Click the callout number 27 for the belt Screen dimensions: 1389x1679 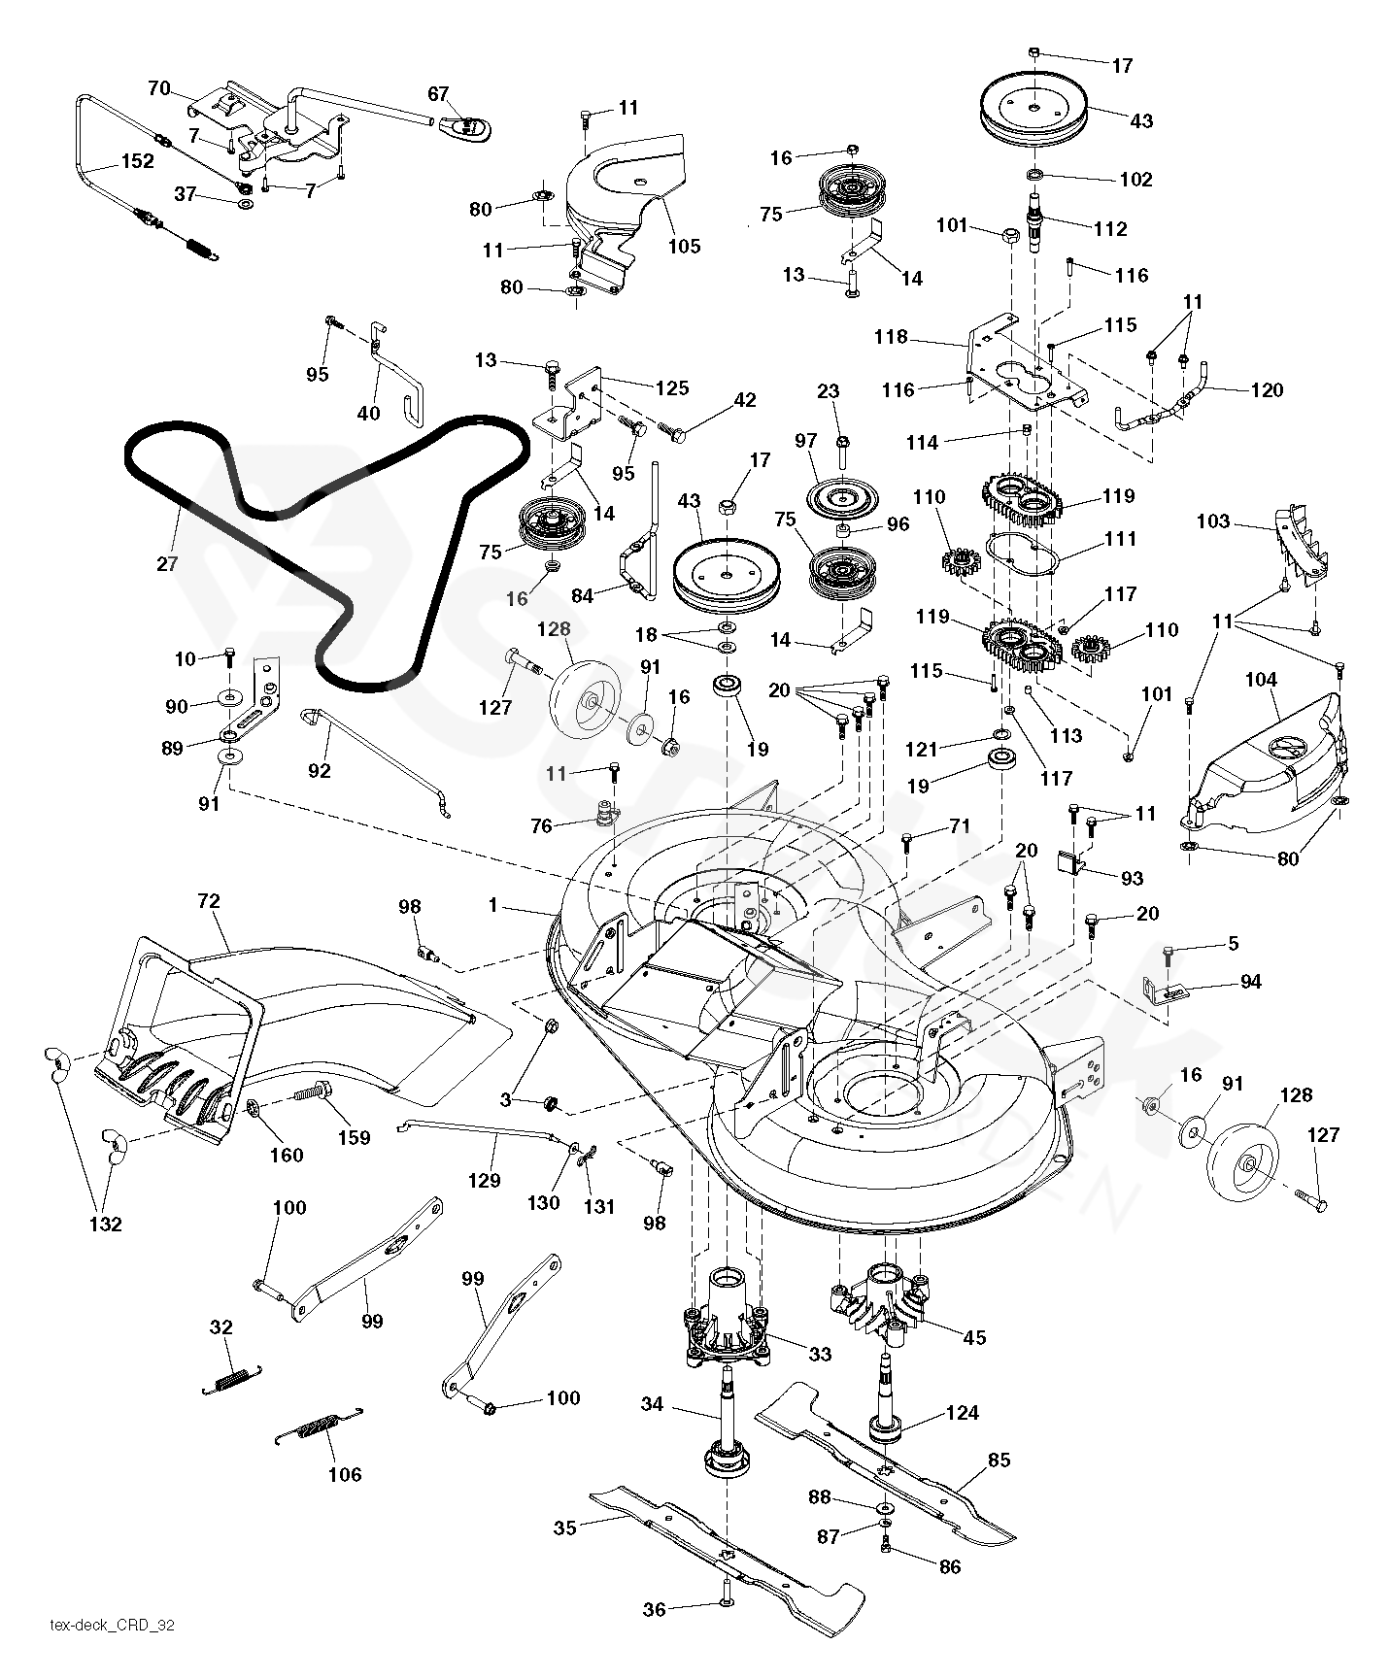pyautogui.click(x=167, y=562)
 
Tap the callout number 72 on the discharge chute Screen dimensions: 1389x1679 pyautogui.click(x=208, y=901)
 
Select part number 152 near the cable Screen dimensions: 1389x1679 pyautogui.click(x=137, y=161)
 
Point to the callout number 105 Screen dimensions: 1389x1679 pyautogui.click(x=684, y=246)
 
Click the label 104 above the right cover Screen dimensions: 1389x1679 pyautogui.click(x=1261, y=680)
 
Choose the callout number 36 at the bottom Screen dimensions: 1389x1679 pyautogui.click(x=655, y=1610)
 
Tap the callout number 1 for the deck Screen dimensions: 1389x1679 pyautogui.click(x=493, y=905)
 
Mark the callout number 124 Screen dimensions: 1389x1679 pyautogui.click(x=962, y=1413)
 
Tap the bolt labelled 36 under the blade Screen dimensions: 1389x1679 pyautogui.click(x=726, y=1607)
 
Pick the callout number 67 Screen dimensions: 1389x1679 pyautogui.click(x=439, y=94)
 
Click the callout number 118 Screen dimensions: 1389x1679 pyautogui.click(x=891, y=337)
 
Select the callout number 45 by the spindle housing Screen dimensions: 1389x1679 pyautogui.click(x=973, y=1337)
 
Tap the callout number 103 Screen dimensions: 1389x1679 pyautogui.click(x=1213, y=521)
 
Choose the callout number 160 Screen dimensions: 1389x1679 pyautogui.click(x=286, y=1156)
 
